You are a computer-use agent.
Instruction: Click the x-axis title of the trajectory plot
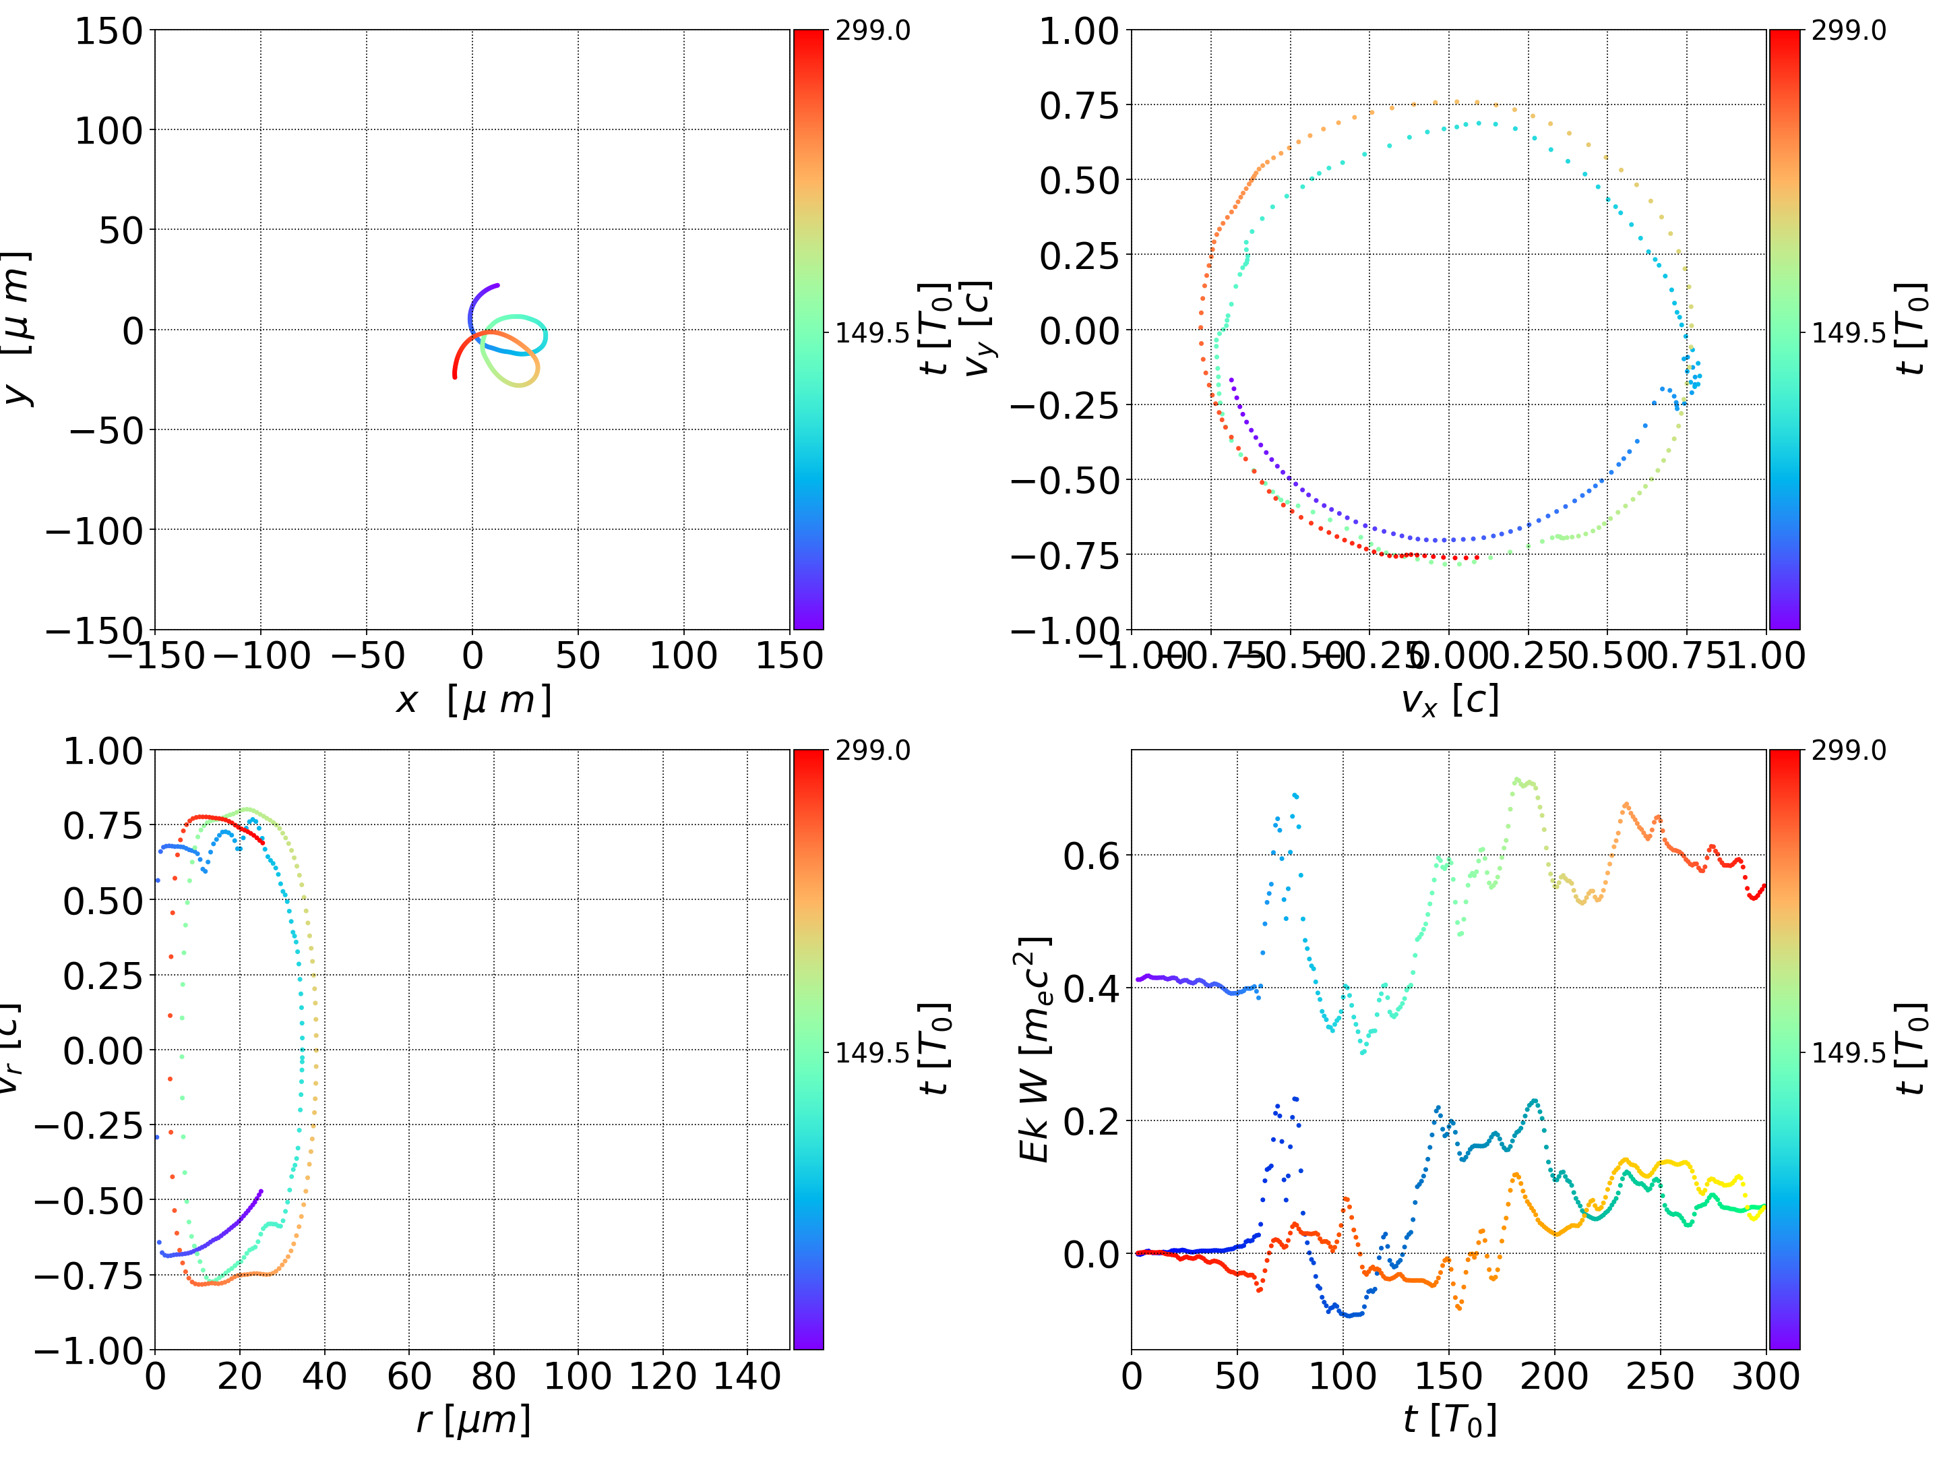473,700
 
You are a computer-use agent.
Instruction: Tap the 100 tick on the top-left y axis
108,131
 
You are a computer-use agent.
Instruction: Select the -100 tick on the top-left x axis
261,656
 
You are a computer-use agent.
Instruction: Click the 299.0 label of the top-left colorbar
872,31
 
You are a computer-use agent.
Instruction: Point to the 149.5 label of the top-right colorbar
1848,333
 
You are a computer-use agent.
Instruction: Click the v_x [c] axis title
1449,700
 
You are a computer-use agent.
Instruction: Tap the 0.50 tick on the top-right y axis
1079,181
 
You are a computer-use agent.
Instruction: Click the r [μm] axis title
473,1420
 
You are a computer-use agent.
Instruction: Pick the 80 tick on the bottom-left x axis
493,1376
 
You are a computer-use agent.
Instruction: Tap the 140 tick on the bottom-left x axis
747,1376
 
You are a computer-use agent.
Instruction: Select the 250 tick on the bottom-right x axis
1660,1376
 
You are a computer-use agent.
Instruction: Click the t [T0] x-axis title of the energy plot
1449,1420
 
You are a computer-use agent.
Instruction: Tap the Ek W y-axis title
1035,1049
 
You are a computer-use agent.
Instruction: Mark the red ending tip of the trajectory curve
454,377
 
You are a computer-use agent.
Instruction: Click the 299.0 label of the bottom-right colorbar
1848,750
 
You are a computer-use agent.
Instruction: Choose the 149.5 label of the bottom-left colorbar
872,1052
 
